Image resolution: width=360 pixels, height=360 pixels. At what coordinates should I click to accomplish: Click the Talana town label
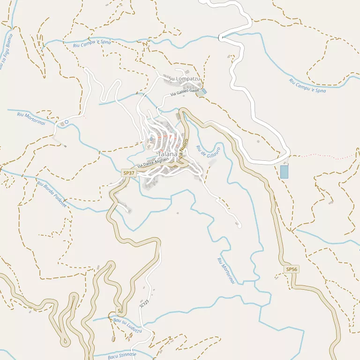167,154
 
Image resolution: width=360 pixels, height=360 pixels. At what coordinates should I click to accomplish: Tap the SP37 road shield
128,173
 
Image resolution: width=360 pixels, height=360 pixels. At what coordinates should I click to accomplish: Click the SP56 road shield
292,269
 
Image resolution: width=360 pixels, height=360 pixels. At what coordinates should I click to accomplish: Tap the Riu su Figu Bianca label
6,52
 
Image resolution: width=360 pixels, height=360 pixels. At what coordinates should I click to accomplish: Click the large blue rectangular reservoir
284,172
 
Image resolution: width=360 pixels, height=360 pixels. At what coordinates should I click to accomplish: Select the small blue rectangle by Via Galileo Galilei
204,91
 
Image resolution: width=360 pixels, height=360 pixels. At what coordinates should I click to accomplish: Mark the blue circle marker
66,122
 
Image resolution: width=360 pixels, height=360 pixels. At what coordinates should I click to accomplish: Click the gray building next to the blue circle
61,124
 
